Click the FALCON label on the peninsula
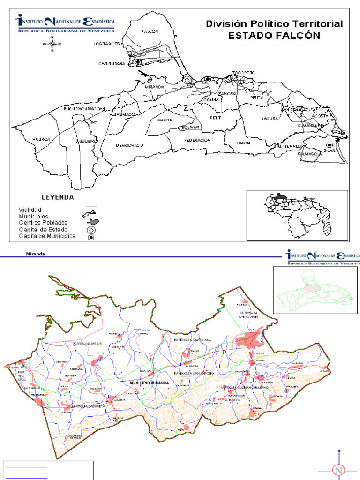coord(150,31)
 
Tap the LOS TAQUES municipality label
coord(107,44)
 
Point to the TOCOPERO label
coord(243,73)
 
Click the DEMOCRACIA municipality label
coord(130,146)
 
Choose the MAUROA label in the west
coord(41,139)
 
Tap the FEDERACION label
coord(197,140)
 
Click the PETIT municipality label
coord(215,118)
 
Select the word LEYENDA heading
coord(58,197)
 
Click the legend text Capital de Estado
coord(43,230)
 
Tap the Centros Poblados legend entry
coord(43,223)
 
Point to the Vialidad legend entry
coord(30,209)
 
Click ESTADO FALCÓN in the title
coord(274,36)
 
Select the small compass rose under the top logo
coord(52,44)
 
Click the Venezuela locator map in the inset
coord(297,215)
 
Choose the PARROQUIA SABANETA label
coord(90,406)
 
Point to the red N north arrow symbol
coord(337,470)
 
